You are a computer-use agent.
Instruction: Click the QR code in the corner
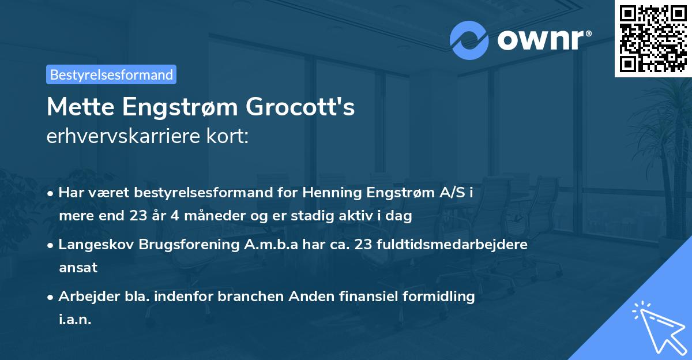click(x=652, y=38)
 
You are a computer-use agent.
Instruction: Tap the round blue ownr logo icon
click(x=469, y=40)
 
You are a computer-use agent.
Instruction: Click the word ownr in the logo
click(x=540, y=40)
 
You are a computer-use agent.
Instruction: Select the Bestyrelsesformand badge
click(x=111, y=74)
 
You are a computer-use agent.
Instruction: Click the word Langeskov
click(x=96, y=245)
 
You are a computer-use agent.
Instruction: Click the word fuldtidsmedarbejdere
click(x=452, y=245)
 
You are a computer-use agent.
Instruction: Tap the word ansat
click(x=78, y=268)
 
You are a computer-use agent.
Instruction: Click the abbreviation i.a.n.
click(x=75, y=320)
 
